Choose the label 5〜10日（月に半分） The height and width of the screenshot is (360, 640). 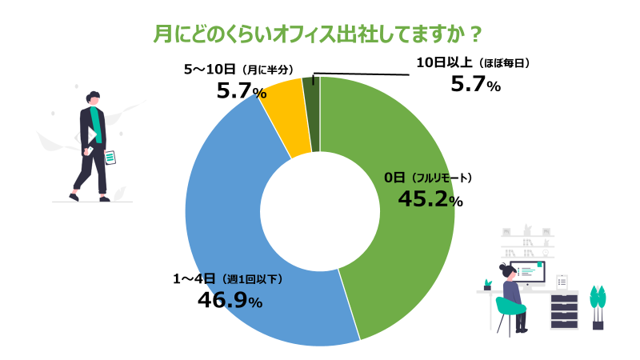coord(240,70)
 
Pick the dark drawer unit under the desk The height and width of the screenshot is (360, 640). coord(564,311)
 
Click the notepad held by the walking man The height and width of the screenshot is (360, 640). coord(111,158)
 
